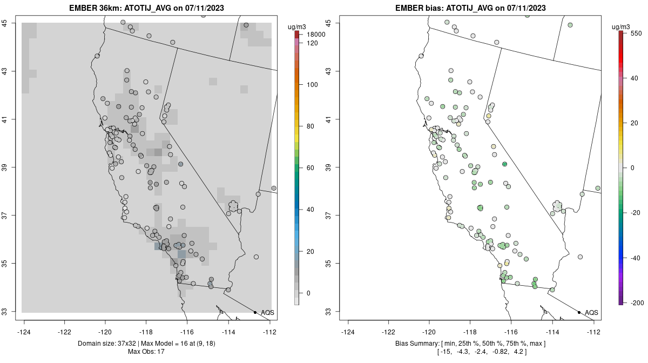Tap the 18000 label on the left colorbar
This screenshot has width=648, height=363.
pos(315,35)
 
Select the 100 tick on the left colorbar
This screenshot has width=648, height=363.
pos(312,85)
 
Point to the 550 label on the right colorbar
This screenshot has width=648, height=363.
pos(635,33)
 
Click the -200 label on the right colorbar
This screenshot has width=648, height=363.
pos(636,302)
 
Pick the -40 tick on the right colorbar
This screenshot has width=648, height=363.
pos(635,258)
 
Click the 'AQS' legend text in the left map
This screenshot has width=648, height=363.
pos(267,313)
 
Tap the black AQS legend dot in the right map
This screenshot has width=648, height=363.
pos(579,312)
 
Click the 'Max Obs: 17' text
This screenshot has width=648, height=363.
pos(146,352)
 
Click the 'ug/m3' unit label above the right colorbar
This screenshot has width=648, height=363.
pos(623,26)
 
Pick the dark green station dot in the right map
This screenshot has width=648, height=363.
pos(504,164)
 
